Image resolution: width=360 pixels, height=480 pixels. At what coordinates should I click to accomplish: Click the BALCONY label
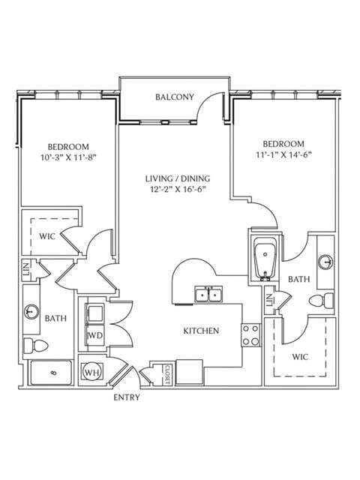pos(175,97)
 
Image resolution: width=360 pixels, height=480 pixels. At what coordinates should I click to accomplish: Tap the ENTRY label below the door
pos(127,397)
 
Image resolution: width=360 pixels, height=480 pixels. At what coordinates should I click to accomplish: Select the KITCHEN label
pos(201,331)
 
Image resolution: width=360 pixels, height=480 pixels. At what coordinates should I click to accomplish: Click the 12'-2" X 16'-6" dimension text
pos(177,189)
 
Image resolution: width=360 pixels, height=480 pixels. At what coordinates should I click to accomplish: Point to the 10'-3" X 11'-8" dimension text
pos(68,157)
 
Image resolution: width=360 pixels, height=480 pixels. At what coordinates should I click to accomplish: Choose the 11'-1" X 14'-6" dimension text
pos(283,154)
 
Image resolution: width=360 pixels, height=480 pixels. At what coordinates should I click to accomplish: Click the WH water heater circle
pos(91,373)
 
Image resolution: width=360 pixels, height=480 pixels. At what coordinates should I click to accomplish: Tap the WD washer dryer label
pos(95,335)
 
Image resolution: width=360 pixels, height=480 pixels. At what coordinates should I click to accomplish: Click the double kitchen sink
pos(208,295)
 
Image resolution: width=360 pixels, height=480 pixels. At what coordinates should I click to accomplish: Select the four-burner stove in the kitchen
pos(251,335)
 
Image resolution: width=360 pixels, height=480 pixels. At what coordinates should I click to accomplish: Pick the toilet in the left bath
pos(36,346)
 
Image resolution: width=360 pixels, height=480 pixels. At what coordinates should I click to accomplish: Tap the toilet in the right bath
pos(321,301)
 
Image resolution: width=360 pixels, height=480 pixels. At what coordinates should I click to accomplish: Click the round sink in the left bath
pos(31,312)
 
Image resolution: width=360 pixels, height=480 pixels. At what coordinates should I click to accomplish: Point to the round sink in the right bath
pos(325,262)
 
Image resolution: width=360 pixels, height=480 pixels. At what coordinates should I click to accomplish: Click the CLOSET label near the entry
pos(167,374)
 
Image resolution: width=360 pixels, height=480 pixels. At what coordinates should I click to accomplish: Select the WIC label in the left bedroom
pos(47,236)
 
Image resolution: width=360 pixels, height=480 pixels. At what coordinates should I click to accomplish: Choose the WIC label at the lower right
pos(300,357)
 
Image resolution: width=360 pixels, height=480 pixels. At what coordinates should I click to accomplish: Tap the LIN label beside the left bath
pos(26,268)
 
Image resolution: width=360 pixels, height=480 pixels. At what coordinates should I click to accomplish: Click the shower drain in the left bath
pos(54,373)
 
